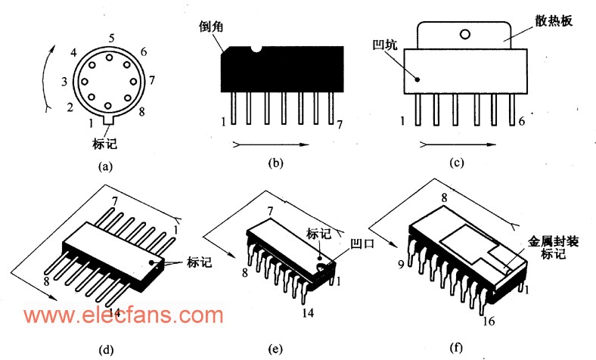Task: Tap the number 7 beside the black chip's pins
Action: click(x=340, y=126)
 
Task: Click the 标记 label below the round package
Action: click(x=104, y=141)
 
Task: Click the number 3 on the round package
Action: click(x=66, y=82)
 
